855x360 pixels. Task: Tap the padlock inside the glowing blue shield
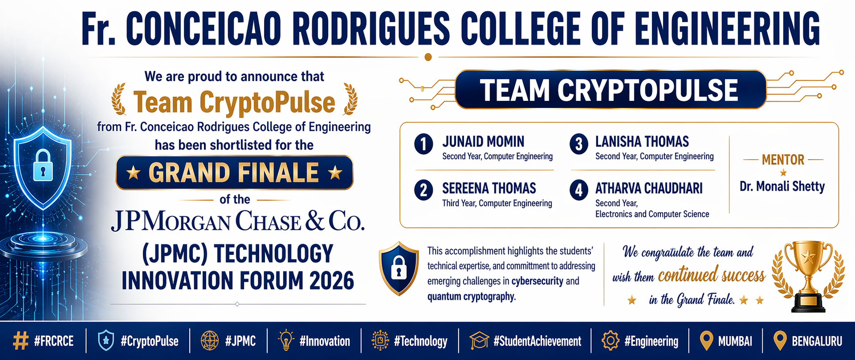(x=43, y=165)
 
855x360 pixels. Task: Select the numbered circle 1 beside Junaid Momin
(x=423, y=144)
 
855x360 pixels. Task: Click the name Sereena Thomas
(x=489, y=188)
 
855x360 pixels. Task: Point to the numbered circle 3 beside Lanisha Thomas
(x=579, y=144)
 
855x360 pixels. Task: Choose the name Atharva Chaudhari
(x=649, y=188)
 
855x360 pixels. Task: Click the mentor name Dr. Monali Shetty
(x=782, y=187)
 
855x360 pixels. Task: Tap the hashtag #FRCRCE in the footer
(x=54, y=341)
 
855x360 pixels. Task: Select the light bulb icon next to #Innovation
(x=286, y=341)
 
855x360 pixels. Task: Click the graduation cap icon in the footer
(x=479, y=341)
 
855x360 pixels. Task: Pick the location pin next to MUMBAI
(x=706, y=341)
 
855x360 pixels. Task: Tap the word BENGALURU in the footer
(x=817, y=341)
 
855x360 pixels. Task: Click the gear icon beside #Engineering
(x=610, y=341)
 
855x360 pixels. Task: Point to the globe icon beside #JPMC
(x=210, y=341)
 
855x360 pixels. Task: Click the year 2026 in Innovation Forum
(x=332, y=281)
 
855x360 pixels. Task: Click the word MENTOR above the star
(x=782, y=160)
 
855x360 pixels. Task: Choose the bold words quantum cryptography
(x=472, y=296)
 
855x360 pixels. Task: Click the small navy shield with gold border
(x=399, y=268)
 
